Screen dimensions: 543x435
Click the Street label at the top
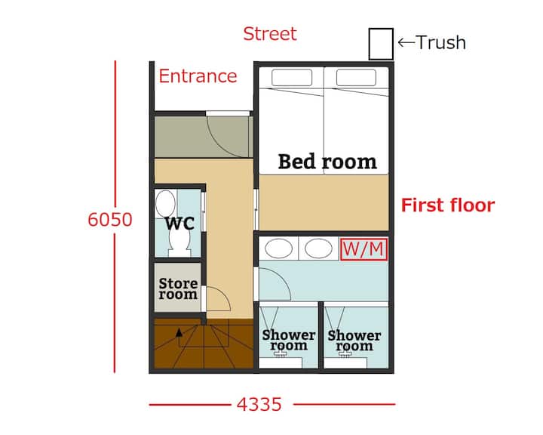[x=270, y=34]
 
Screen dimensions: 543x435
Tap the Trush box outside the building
[x=381, y=44]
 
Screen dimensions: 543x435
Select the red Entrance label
[x=198, y=76]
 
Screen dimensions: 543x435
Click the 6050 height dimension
[x=110, y=220]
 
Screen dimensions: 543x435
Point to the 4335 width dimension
[x=259, y=405]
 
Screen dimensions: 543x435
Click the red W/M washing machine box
[x=364, y=249]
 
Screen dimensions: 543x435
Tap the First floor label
[x=448, y=205]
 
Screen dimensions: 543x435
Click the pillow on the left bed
[x=292, y=77]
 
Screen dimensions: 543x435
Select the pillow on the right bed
[x=356, y=77]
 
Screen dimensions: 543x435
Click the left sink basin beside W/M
[x=278, y=248]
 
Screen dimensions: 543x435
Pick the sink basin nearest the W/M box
[x=318, y=248]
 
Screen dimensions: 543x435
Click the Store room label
[x=178, y=288]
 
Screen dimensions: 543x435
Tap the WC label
[x=179, y=224]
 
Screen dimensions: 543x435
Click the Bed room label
[x=327, y=162]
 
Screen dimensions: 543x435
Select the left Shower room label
[x=288, y=340]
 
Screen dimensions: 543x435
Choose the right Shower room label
[x=354, y=341]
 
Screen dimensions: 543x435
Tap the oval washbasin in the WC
[x=165, y=204]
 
